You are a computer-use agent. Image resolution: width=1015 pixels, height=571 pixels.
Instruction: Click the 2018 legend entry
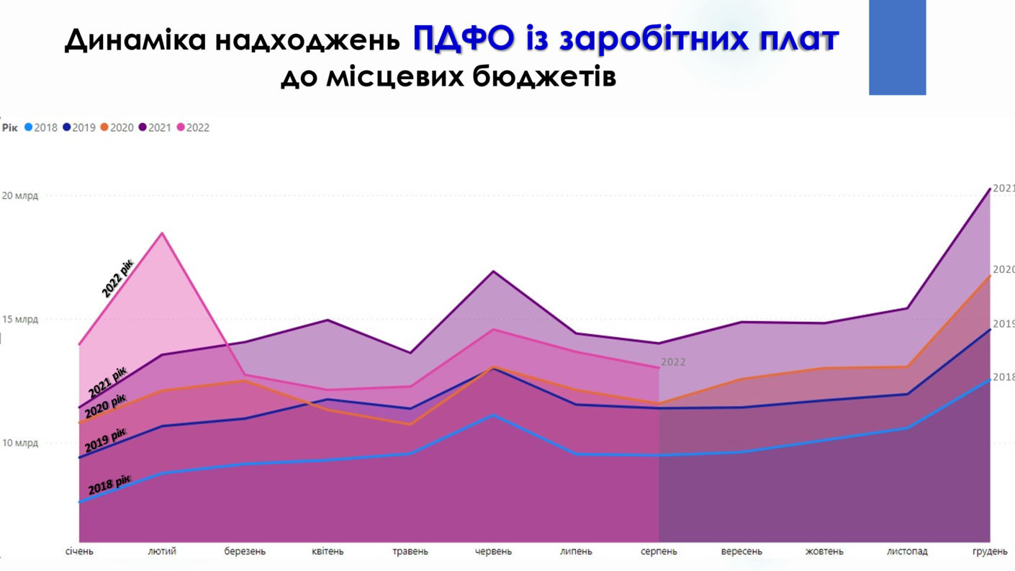(x=42, y=127)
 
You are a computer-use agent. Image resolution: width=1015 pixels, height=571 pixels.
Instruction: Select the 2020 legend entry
(x=117, y=127)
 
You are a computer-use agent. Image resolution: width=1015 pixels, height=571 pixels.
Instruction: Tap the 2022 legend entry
(x=194, y=127)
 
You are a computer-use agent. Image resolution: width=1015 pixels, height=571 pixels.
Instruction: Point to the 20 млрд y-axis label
(x=19, y=196)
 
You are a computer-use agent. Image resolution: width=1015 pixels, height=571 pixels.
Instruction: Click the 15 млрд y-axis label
(x=19, y=320)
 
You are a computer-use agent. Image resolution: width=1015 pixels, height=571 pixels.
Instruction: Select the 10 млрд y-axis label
(x=19, y=443)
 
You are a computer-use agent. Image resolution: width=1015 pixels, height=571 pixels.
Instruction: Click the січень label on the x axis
(x=79, y=552)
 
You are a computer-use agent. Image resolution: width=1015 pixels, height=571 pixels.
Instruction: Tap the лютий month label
(x=162, y=552)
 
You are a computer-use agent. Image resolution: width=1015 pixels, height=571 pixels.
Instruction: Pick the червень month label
(x=493, y=552)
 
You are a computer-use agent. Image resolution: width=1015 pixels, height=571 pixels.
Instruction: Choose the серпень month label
(x=659, y=552)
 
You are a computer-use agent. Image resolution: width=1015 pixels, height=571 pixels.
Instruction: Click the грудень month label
(x=990, y=552)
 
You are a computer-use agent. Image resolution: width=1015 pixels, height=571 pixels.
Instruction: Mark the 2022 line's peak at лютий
(x=162, y=233)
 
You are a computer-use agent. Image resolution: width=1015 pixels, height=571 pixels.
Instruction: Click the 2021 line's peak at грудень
(x=990, y=189)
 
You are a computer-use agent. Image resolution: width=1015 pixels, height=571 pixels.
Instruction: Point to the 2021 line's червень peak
(x=493, y=271)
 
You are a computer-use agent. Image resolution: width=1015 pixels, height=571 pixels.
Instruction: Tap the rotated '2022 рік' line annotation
(x=117, y=279)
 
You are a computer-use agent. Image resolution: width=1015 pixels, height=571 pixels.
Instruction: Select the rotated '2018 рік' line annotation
(x=109, y=485)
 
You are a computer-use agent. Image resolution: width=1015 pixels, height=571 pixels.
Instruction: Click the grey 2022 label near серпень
(x=673, y=362)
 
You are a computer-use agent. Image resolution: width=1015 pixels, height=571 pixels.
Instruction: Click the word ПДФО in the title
(x=464, y=39)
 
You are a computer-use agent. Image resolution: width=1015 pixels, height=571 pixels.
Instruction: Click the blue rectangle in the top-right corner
(x=897, y=47)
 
